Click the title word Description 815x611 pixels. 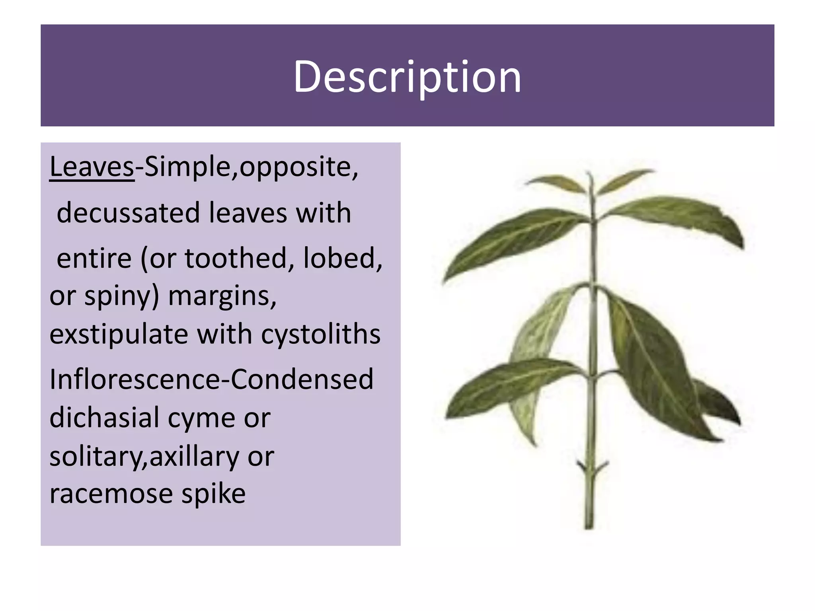coord(407,76)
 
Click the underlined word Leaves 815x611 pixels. coord(92,167)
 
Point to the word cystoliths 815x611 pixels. coord(321,334)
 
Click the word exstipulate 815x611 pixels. coord(119,334)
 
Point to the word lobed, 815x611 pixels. coord(343,258)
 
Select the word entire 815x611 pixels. coord(94,258)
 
